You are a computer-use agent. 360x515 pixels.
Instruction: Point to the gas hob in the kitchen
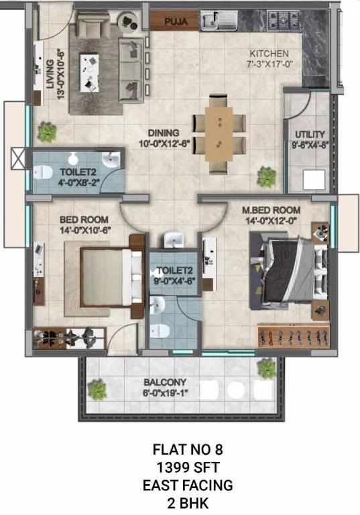point(281,19)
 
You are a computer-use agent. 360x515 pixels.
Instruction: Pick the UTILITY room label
point(309,133)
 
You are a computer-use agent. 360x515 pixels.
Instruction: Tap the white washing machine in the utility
point(313,180)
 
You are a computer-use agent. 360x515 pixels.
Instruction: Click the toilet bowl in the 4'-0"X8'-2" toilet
point(46,171)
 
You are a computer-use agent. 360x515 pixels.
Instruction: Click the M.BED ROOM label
point(272,209)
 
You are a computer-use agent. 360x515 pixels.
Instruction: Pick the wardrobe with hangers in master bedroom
point(293,333)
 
